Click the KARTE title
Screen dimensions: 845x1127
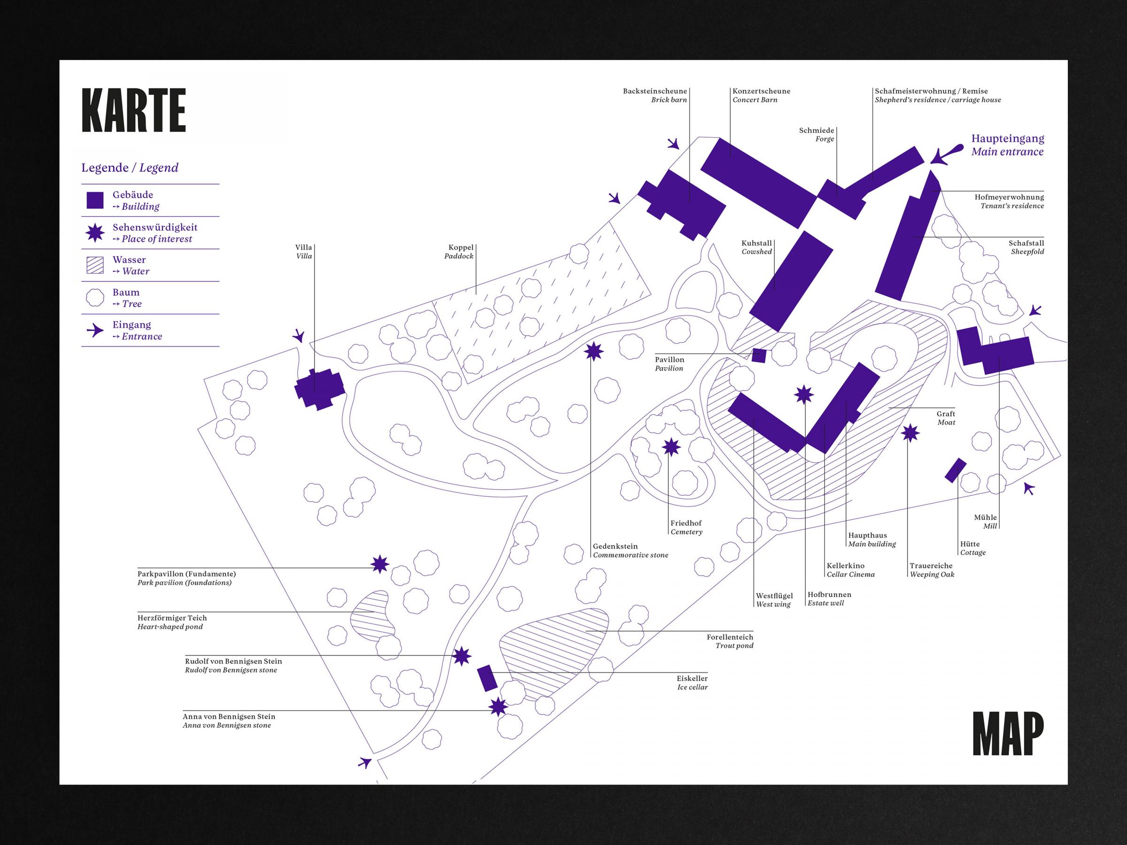pyautogui.click(x=133, y=110)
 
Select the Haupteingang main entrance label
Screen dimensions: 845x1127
pyautogui.click(x=1007, y=145)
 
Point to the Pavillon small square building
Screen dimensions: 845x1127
pyautogui.click(x=759, y=355)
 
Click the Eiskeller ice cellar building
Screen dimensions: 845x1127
pyautogui.click(x=487, y=678)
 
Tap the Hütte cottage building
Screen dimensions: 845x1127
pyautogui.click(x=955, y=469)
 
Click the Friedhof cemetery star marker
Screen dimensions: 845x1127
pyautogui.click(x=672, y=447)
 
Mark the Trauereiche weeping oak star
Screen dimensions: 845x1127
pyautogui.click(x=910, y=433)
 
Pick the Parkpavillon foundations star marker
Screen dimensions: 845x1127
pyautogui.click(x=379, y=564)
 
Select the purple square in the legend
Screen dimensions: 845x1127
pyautogui.click(x=95, y=200)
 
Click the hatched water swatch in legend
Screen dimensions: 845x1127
pyautogui.click(x=95, y=265)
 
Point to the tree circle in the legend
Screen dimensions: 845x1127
pyautogui.click(x=95, y=298)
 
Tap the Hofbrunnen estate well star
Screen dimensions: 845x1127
pyautogui.click(x=804, y=394)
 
